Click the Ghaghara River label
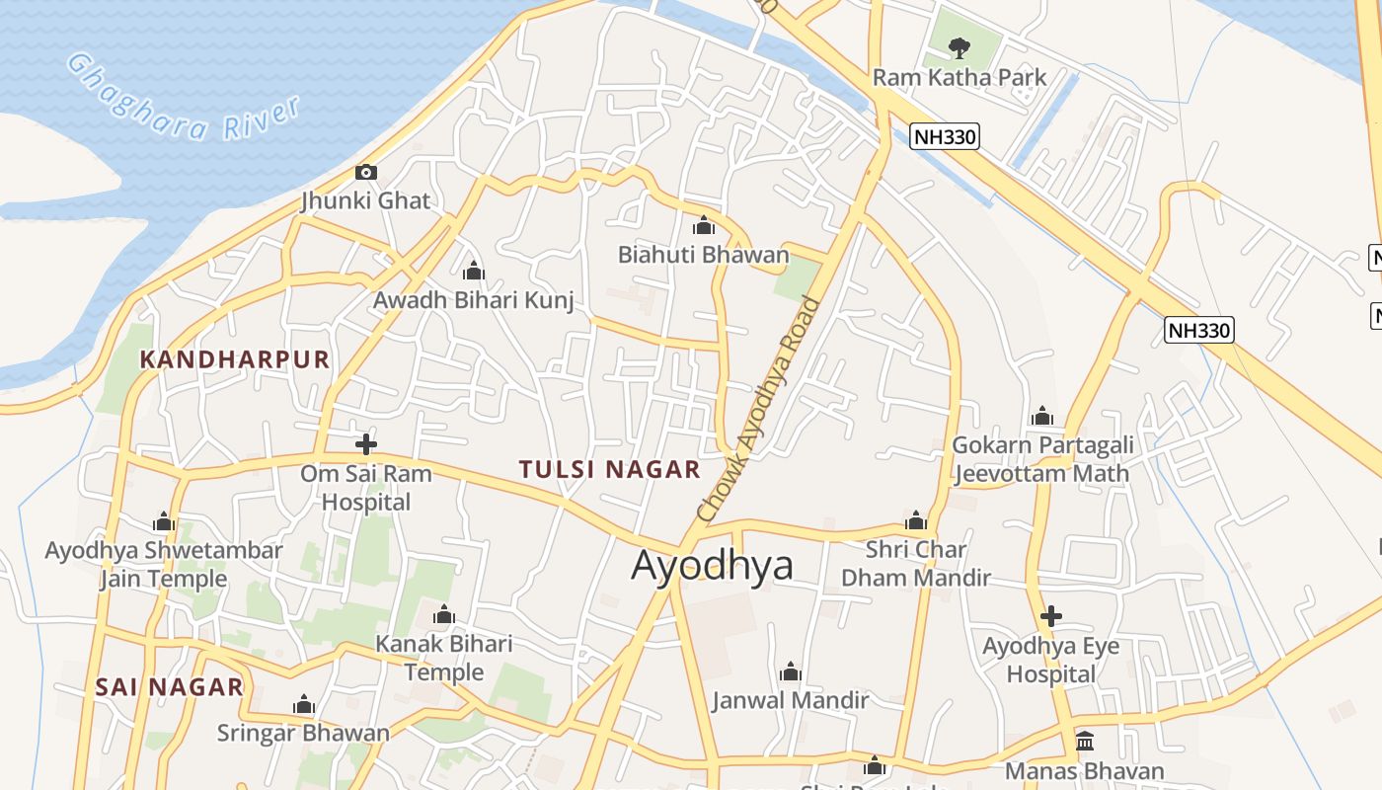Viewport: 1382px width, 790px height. tap(183, 98)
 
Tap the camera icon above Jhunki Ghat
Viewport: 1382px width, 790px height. tap(366, 173)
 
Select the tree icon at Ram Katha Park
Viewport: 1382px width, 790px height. tap(958, 46)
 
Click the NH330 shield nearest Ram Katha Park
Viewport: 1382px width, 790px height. tap(945, 136)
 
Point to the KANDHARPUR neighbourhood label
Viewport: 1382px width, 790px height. tap(235, 359)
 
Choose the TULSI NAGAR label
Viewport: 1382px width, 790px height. tap(610, 469)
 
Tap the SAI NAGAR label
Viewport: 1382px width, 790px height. tap(170, 687)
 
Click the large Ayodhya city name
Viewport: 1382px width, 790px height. tap(713, 566)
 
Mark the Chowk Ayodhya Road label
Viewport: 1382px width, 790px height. tap(758, 409)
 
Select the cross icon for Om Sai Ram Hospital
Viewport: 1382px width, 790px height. tap(366, 444)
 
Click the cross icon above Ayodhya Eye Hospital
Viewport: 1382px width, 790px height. tap(1051, 617)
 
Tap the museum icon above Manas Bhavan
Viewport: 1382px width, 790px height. tap(1085, 741)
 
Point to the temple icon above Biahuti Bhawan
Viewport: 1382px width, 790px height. tap(704, 226)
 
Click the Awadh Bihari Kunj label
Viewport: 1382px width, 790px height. tap(474, 300)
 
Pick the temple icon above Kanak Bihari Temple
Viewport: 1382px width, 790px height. tap(444, 616)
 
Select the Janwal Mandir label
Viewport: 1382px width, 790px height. tap(791, 700)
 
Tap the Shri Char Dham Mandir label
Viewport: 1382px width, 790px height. tap(916, 563)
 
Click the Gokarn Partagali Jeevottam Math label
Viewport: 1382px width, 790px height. tap(1042, 459)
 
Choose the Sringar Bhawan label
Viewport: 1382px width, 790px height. tap(304, 733)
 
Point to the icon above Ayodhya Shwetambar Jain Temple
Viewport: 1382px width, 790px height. tap(164, 521)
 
